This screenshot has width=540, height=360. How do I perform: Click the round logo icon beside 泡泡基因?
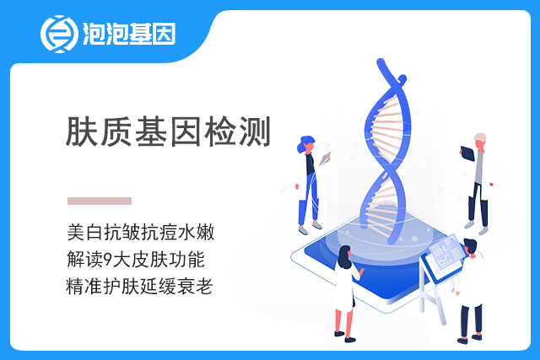(x=59, y=34)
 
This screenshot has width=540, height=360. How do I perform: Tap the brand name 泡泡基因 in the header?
(x=129, y=34)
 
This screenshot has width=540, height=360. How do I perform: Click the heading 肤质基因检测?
(x=168, y=132)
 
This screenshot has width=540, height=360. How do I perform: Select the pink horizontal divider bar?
(x=100, y=201)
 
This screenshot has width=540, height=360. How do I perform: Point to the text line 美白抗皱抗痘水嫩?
(x=141, y=232)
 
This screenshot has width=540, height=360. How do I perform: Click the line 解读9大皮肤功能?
(x=136, y=259)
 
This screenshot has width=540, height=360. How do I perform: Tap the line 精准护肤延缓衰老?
(x=139, y=287)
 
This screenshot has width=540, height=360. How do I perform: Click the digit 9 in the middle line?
(x=108, y=260)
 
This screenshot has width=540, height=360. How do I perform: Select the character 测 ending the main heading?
(x=255, y=132)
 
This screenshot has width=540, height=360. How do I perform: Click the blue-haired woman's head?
(x=305, y=144)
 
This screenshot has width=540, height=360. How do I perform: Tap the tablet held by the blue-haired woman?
(x=325, y=159)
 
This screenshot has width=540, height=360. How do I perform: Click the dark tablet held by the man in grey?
(x=467, y=153)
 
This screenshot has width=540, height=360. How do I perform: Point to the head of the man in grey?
(x=480, y=140)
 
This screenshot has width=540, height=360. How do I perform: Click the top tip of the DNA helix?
(x=381, y=62)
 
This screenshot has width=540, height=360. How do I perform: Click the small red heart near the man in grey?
(x=491, y=184)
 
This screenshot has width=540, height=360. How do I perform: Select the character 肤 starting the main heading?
(x=81, y=132)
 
